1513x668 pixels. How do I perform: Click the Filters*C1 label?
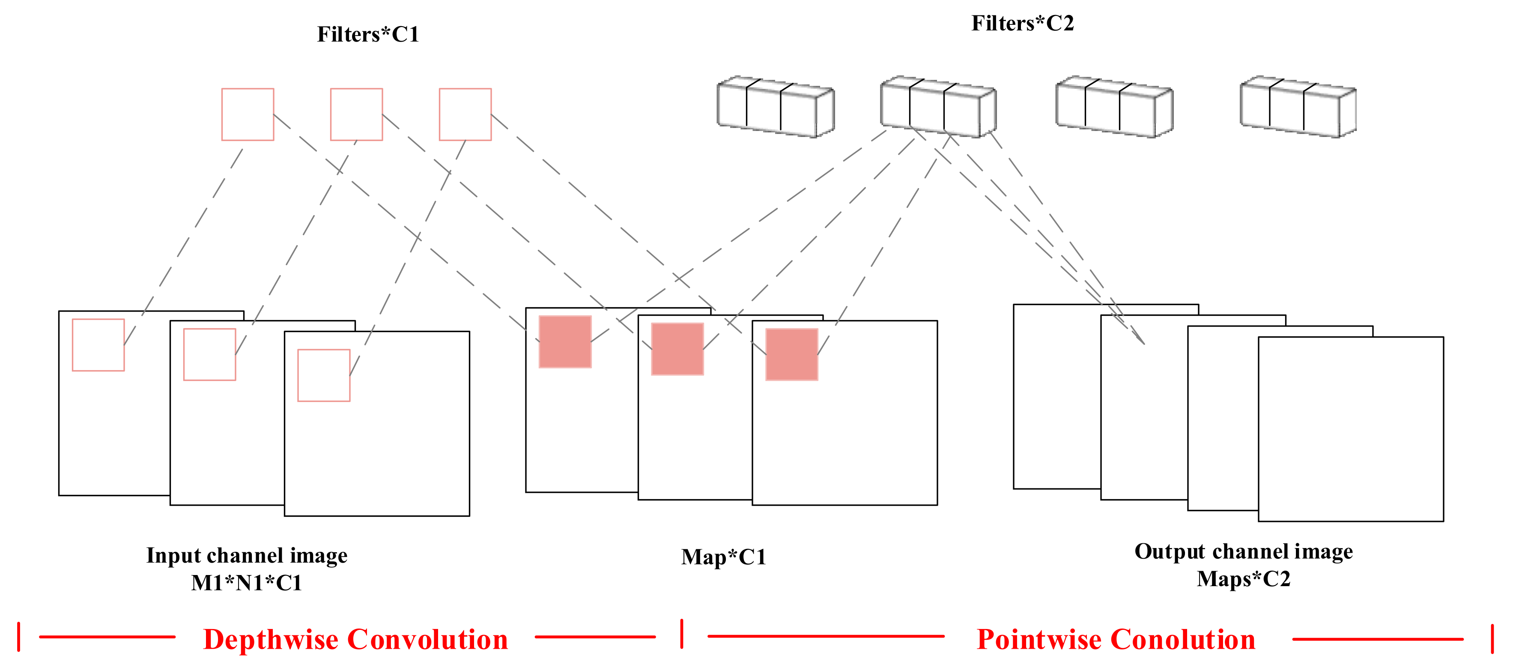click(x=368, y=35)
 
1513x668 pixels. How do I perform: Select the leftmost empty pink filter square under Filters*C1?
click(x=247, y=114)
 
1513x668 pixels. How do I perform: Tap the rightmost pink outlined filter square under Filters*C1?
click(x=465, y=114)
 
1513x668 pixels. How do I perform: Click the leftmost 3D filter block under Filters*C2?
click(x=775, y=107)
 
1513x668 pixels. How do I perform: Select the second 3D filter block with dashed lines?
click(x=938, y=107)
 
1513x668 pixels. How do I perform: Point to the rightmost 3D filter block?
click(x=1298, y=107)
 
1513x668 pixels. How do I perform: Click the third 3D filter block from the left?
click(x=1114, y=107)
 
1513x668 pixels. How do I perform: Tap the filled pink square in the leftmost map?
click(x=565, y=342)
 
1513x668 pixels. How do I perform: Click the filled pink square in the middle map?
click(x=677, y=349)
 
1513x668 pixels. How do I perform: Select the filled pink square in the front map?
click(x=792, y=354)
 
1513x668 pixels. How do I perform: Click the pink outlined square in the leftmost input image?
click(x=98, y=345)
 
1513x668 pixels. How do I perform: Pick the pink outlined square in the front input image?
click(x=324, y=375)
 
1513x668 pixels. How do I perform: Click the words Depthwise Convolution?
click(x=355, y=639)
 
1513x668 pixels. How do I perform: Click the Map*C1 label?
click(x=724, y=557)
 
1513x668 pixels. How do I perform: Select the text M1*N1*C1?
click(x=247, y=583)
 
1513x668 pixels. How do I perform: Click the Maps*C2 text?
click(x=1243, y=579)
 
